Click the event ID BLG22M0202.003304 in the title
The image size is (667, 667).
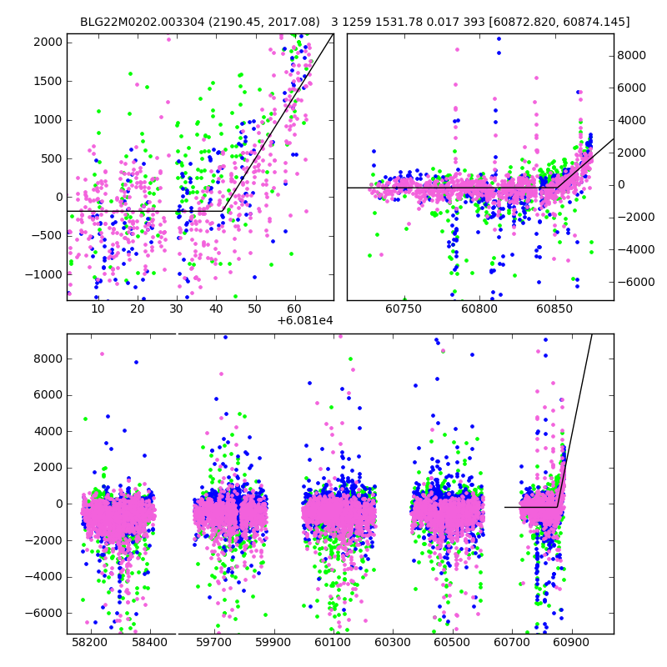pyautogui.click(x=131, y=22)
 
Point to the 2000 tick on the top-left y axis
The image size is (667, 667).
pyautogui.click(x=49, y=43)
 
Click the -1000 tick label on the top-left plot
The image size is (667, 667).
pyautogui.click(x=47, y=274)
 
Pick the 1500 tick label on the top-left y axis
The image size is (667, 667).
pyautogui.click(x=49, y=81)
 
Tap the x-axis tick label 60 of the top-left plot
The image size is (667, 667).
pyautogui.click(x=294, y=308)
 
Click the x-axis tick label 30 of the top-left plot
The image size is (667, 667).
pyautogui.click(x=177, y=308)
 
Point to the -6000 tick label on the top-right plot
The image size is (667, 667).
pyautogui.click(x=634, y=282)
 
